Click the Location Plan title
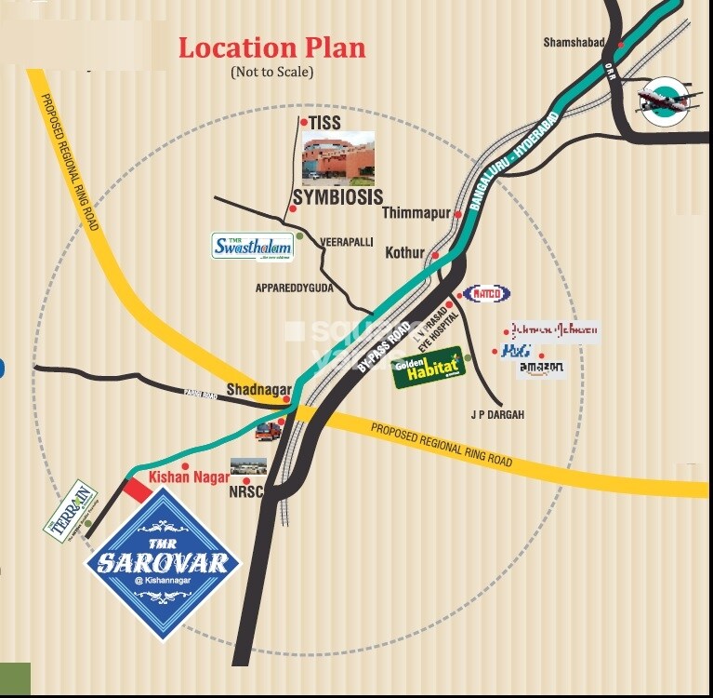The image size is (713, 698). coord(271,47)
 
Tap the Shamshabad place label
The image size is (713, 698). coord(574,43)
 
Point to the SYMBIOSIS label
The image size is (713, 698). coord(337,197)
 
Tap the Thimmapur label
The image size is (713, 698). coord(416,213)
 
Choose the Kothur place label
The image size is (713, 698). coord(404,253)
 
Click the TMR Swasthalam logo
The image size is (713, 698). coord(253,246)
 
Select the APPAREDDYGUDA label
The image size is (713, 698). coord(295,289)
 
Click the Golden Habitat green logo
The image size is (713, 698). coord(428,366)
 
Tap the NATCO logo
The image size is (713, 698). coord(487,294)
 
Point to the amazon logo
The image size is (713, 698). coord(541,369)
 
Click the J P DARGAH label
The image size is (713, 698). coord(497,414)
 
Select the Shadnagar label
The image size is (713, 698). coord(259,390)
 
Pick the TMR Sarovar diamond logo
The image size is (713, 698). coord(164,564)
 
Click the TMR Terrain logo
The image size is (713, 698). coord(73,507)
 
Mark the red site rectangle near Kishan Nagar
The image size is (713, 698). coord(138,489)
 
